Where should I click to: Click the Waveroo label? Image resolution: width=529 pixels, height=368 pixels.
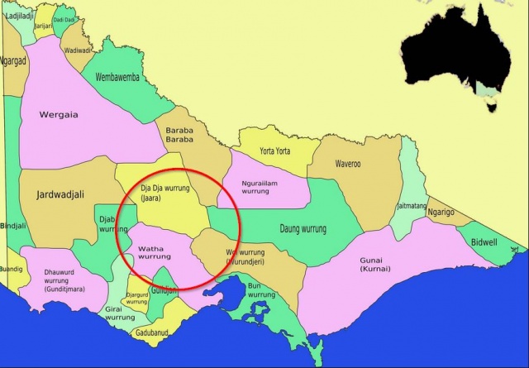click(347, 164)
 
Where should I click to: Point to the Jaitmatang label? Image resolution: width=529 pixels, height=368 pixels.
click(411, 205)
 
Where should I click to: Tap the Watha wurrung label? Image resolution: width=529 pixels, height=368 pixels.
click(155, 252)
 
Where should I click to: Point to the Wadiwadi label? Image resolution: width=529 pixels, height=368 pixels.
click(79, 50)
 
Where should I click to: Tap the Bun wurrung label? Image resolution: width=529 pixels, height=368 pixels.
click(260, 290)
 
